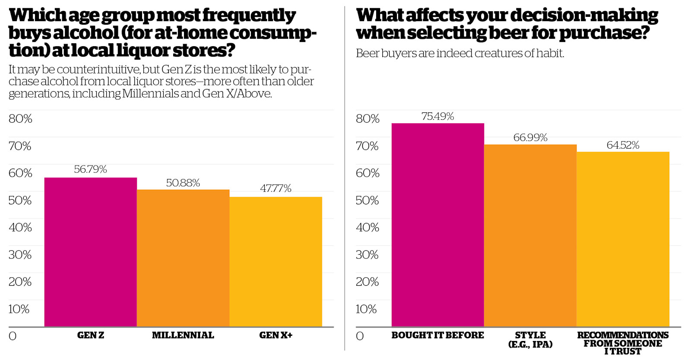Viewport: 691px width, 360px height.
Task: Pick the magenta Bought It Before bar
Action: pos(437,225)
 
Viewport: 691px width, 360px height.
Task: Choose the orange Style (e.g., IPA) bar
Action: pos(530,236)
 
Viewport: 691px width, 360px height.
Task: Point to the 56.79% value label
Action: pos(90,169)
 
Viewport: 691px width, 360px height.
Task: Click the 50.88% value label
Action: pos(183,183)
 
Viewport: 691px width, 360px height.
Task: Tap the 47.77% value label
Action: pos(276,188)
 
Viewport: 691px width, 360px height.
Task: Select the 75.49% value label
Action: pos(437,116)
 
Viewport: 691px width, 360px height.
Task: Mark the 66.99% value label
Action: pos(530,137)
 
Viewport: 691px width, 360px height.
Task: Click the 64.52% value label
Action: pos(623,145)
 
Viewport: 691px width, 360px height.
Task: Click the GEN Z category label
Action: pos(90,335)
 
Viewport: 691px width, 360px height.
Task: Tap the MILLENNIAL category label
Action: pos(183,335)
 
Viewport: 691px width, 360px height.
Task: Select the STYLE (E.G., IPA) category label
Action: pos(530,340)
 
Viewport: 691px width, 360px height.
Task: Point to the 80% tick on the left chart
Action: pos(20,119)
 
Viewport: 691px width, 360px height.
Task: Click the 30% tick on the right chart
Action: pos(367,255)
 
